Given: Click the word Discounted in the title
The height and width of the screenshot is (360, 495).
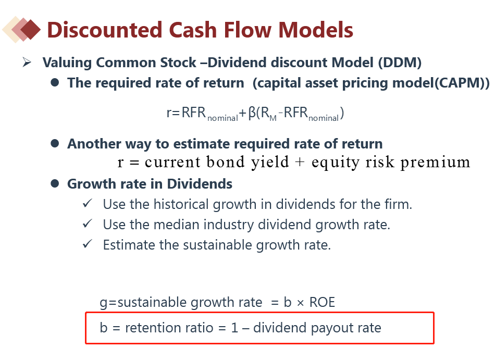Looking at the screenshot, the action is (105, 30).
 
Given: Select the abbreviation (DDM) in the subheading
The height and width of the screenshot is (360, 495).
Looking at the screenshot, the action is (400, 63).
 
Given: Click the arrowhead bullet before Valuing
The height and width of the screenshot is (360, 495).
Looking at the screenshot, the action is (27, 63).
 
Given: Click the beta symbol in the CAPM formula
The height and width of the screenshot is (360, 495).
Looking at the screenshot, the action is (252, 113).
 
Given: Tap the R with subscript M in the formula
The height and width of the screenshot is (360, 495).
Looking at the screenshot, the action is (269, 113).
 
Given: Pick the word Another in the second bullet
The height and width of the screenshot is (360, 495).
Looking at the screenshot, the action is (94, 144).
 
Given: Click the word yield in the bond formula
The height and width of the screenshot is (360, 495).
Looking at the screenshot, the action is (270, 162).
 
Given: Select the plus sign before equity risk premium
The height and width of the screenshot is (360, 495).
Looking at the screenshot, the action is (300, 162).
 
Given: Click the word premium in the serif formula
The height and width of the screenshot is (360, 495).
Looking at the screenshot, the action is (435, 163).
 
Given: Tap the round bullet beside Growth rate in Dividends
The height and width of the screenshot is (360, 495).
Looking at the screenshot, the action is (55, 183).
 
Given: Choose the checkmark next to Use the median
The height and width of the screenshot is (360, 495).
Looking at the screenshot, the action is (87, 224).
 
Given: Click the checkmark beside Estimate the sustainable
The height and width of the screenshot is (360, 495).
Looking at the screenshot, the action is (87, 244).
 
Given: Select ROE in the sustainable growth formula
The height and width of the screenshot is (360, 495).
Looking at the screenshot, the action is (322, 302).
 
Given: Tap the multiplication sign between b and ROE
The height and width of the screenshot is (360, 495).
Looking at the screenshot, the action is (300, 303).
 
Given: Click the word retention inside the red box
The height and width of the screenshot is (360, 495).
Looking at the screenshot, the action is (169, 328).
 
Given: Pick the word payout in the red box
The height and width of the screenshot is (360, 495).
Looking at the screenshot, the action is (332, 328).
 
